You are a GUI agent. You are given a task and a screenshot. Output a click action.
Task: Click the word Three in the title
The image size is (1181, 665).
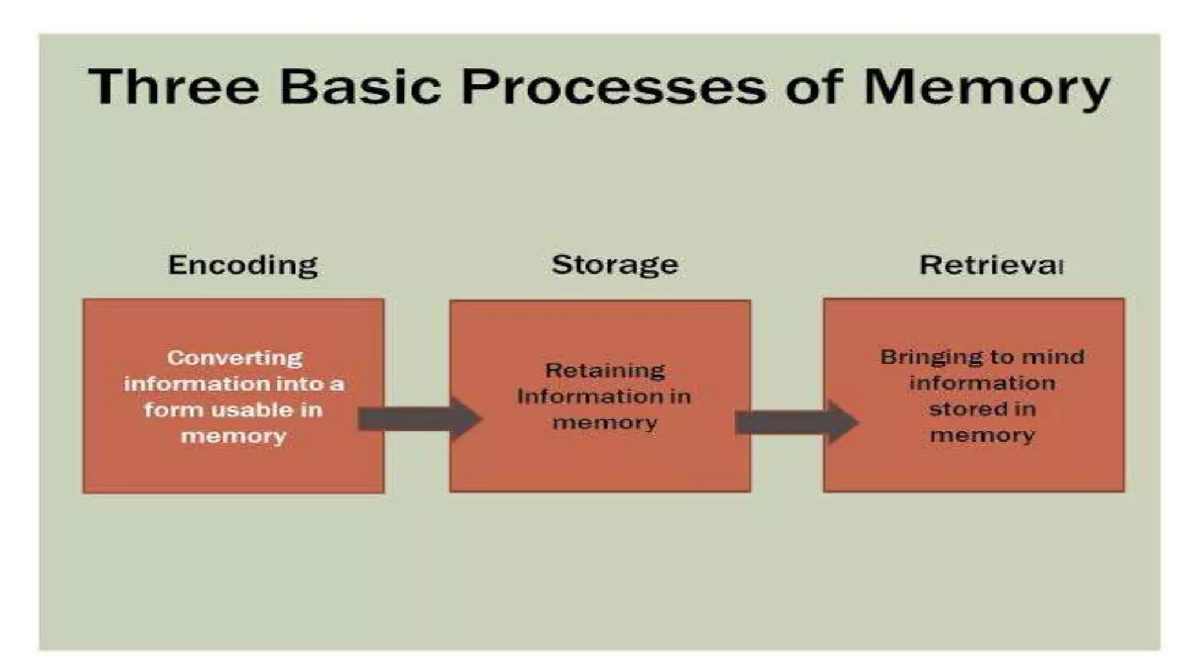click(173, 87)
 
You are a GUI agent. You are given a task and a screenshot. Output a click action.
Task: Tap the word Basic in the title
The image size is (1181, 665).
click(360, 87)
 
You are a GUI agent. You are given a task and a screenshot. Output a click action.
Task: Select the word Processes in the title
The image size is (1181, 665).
click(614, 87)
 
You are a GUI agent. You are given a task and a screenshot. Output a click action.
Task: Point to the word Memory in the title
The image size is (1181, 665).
click(986, 89)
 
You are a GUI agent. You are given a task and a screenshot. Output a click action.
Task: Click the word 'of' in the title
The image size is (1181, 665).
click(814, 87)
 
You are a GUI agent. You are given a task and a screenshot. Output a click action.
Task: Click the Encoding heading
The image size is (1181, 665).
click(242, 266)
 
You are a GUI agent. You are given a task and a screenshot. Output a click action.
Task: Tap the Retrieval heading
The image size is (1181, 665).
click(991, 265)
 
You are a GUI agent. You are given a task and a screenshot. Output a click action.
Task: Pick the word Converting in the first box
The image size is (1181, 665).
click(235, 358)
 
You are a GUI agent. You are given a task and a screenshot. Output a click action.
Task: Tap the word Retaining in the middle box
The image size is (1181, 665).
click(605, 370)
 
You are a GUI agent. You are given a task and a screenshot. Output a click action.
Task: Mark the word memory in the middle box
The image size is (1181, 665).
click(604, 423)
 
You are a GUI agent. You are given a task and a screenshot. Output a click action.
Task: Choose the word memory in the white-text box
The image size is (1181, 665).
click(233, 436)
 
